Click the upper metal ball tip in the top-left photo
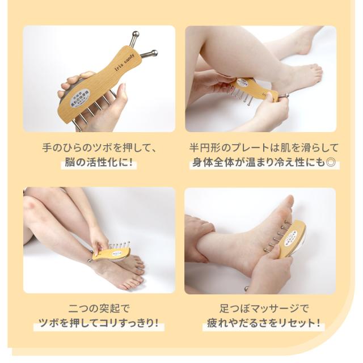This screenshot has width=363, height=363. [x=135, y=36]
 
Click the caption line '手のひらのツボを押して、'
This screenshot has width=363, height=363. [x=99, y=149]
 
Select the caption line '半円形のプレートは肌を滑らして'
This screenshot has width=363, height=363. [x=264, y=149]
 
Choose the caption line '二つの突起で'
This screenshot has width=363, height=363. [x=99, y=309]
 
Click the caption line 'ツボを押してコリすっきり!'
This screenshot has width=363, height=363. [x=99, y=325]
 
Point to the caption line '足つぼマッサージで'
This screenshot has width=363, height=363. [x=264, y=309]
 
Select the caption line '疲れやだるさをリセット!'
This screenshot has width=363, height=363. [x=264, y=325]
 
